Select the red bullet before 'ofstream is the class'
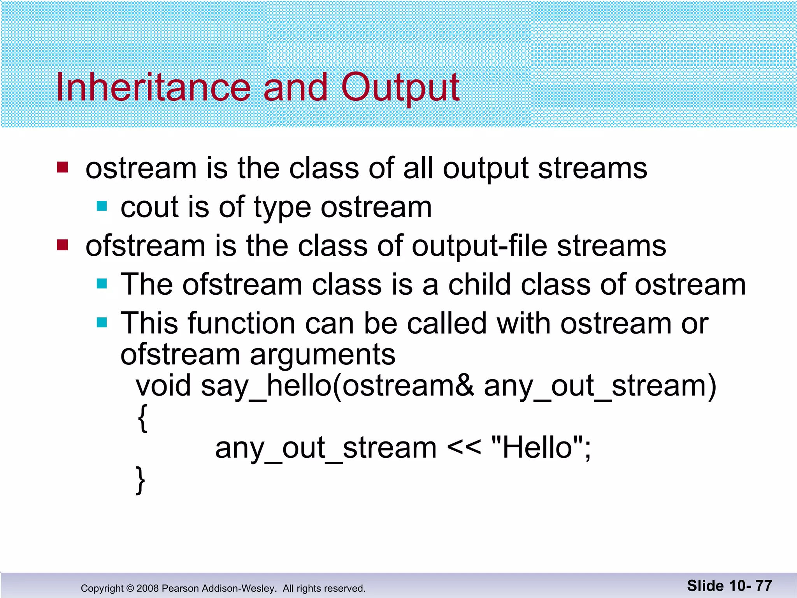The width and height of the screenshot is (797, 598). click(x=62, y=245)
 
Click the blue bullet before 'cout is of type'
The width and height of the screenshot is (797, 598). click(x=102, y=206)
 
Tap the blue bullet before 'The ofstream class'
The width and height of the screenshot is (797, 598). click(x=102, y=284)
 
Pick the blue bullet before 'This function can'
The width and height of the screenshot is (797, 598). click(x=102, y=322)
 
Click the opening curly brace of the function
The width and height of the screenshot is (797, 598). click(x=142, y=417)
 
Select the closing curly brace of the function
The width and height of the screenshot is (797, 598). click(x=140, y=480)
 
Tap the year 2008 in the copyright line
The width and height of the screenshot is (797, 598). click(x=147, y=588)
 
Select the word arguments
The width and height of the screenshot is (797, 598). click(x=322, y=355)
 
